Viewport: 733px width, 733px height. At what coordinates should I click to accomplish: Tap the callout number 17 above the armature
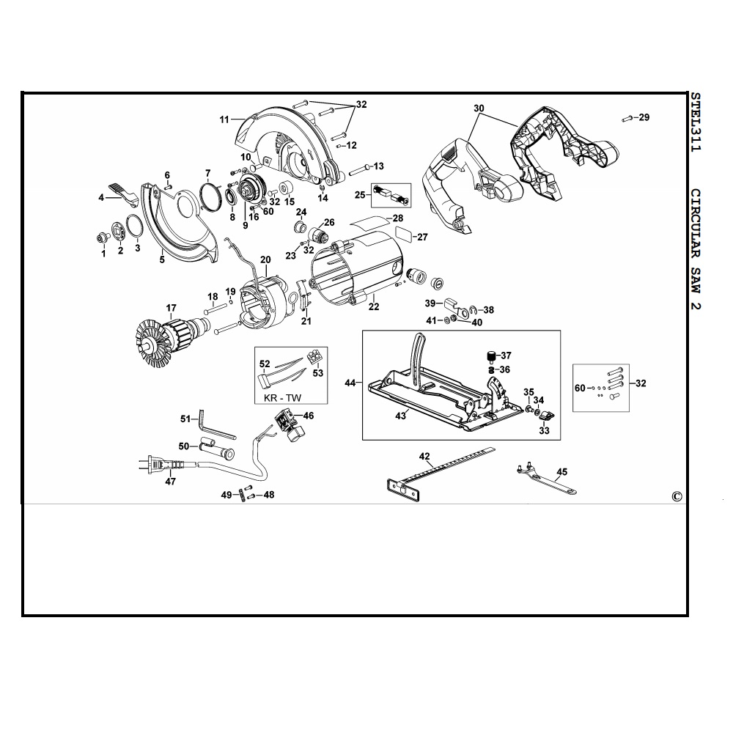click(171, 308)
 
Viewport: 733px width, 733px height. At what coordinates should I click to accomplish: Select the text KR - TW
click(283, 398)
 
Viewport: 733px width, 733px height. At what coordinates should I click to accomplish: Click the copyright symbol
click(677, 496)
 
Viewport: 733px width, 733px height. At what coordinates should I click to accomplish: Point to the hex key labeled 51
click(217, 424)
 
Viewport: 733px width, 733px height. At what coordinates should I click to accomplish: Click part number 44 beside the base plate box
click(350, 383)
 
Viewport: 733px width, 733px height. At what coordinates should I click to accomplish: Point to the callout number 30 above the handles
click(479, 108)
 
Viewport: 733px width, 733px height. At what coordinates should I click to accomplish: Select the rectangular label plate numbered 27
click(404, 233)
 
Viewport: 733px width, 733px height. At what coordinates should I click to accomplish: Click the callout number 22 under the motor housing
click(374, 306)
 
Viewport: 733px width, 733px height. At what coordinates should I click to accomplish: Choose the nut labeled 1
click(100, 238)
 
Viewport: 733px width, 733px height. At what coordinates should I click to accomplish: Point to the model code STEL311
click(696, 122)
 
